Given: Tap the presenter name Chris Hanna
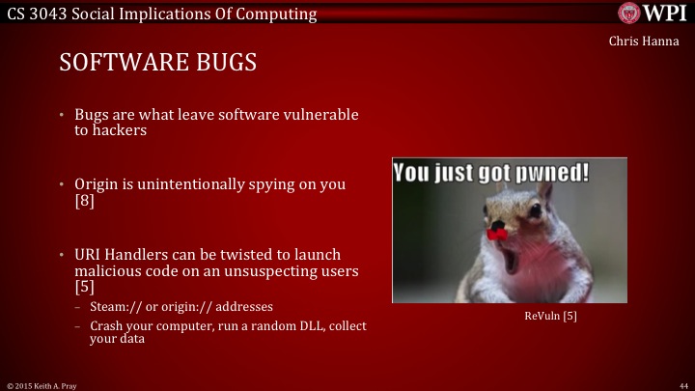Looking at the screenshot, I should pyautogui.click(x=644, y=41).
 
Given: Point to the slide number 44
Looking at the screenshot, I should pyautogui.click(x=683, y=384).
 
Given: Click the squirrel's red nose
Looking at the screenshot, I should pyautogui.click(x=497, y=232).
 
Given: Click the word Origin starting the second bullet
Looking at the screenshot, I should pyautogui.click(x=98, y=183).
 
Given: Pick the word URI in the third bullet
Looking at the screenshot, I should pyautogui.click(x=89, y=253).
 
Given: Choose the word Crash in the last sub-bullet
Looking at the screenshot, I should pyautogui.click(x=107, y=326).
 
